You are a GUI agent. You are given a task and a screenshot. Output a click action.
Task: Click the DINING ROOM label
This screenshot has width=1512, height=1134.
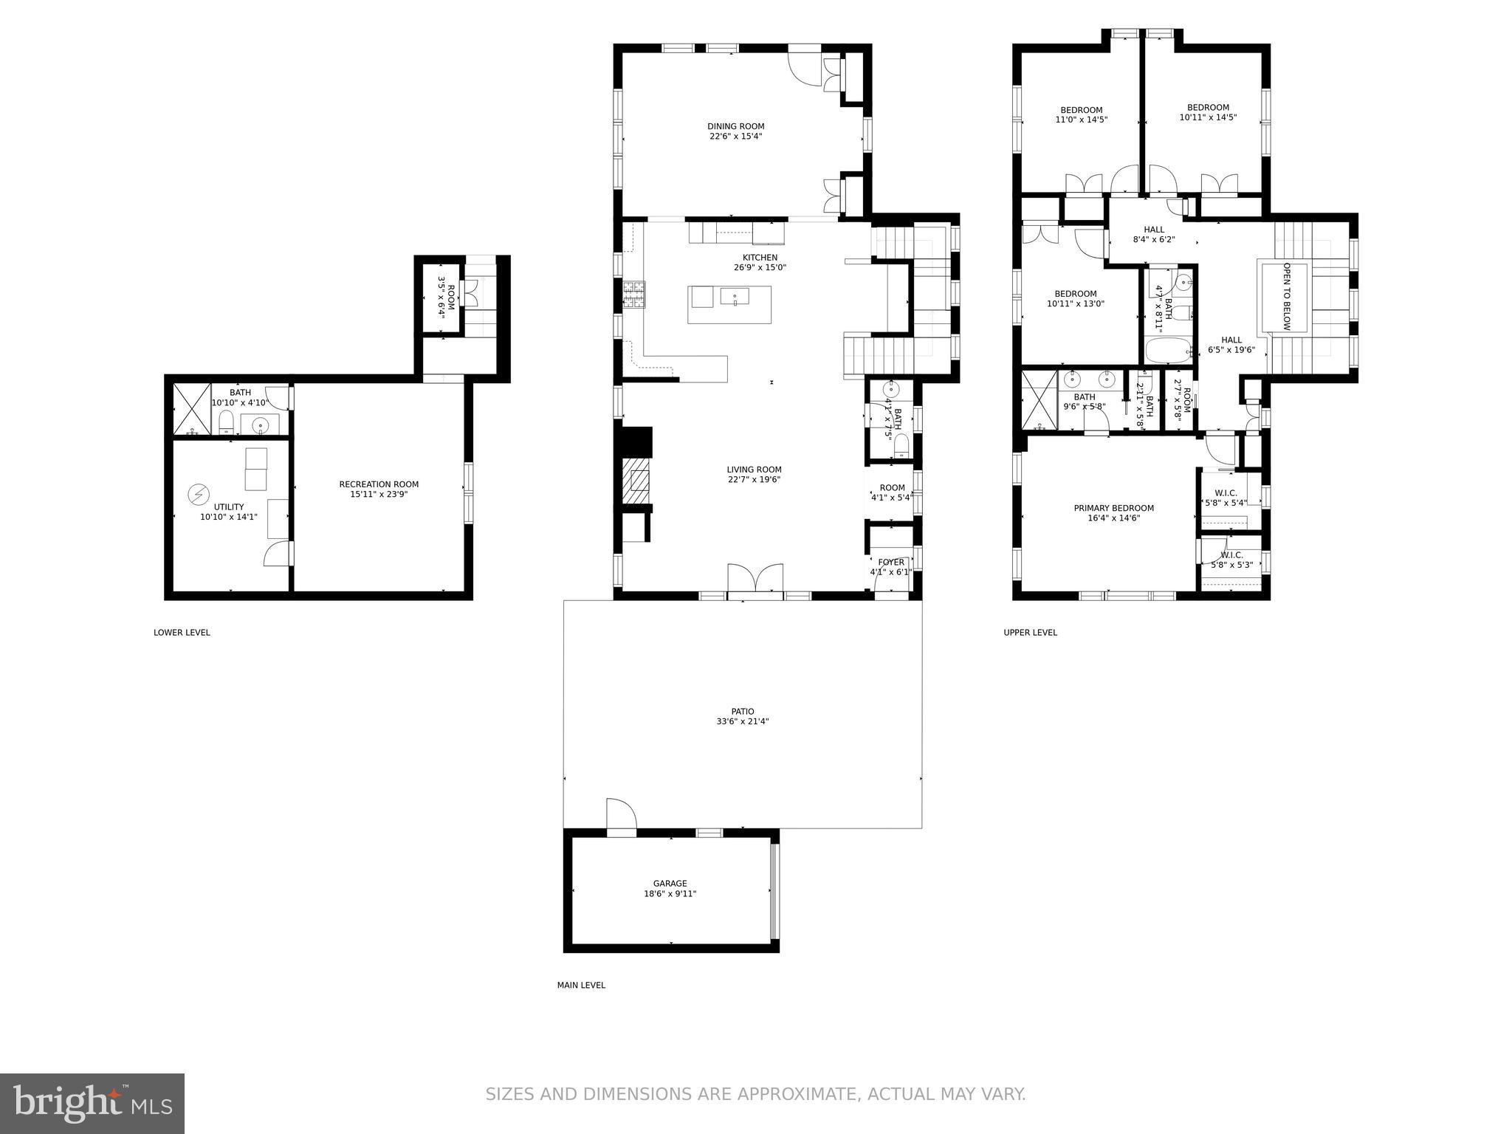(x=735, y=126)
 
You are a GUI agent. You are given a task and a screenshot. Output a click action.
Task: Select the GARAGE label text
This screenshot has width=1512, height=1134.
(x=670, y=883)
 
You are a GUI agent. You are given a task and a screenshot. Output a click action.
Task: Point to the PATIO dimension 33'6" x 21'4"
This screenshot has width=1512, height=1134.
(x=742, y=721)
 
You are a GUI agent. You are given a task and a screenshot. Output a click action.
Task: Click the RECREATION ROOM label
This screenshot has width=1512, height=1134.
(x=379, y=484)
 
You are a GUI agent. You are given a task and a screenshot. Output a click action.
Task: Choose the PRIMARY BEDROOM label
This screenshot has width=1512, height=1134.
(x=1113, y=508)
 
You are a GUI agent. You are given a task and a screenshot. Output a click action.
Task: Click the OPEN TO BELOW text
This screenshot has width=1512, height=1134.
(x=1286, y=296)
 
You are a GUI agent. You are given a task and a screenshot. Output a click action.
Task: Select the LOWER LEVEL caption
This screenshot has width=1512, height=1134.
(x=182, y=632)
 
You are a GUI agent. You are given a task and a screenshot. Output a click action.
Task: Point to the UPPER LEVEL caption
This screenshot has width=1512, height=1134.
(x=1030, y=632)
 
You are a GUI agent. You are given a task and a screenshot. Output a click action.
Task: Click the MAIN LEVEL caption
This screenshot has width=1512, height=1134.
(x=581, y=985)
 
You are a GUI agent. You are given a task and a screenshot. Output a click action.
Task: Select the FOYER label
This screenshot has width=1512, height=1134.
(x=891, y=562)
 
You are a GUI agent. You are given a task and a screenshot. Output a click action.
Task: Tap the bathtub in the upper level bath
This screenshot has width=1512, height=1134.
(x=1167, y=351)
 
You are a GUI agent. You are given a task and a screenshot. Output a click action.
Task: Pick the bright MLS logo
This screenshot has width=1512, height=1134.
(x=92, y=1103)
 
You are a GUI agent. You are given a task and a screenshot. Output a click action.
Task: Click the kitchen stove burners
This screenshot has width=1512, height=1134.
(x=633, y=295)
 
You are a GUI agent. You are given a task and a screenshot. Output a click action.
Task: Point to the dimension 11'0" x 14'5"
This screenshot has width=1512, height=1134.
(x=1081, y=120)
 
